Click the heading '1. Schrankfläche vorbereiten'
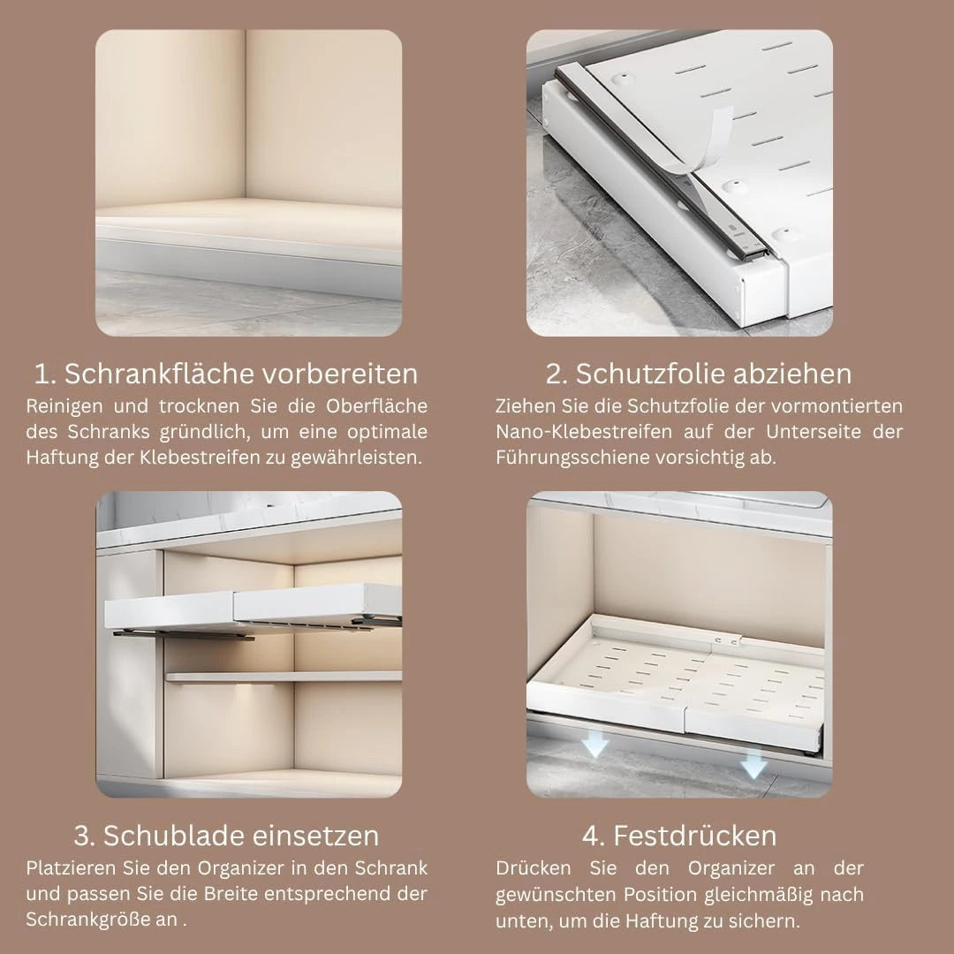click(226, 374)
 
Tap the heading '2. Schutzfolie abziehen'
click(699, 374)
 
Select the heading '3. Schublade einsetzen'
click(226, 836)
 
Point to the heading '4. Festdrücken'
click(679, 836)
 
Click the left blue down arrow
click(595, 743)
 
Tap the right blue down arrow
click(753, 763)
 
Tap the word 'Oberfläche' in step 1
click(376, 405)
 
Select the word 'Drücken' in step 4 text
click(533, 867)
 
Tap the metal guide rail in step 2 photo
click(663, 164)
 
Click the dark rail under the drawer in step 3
click(183, 635)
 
